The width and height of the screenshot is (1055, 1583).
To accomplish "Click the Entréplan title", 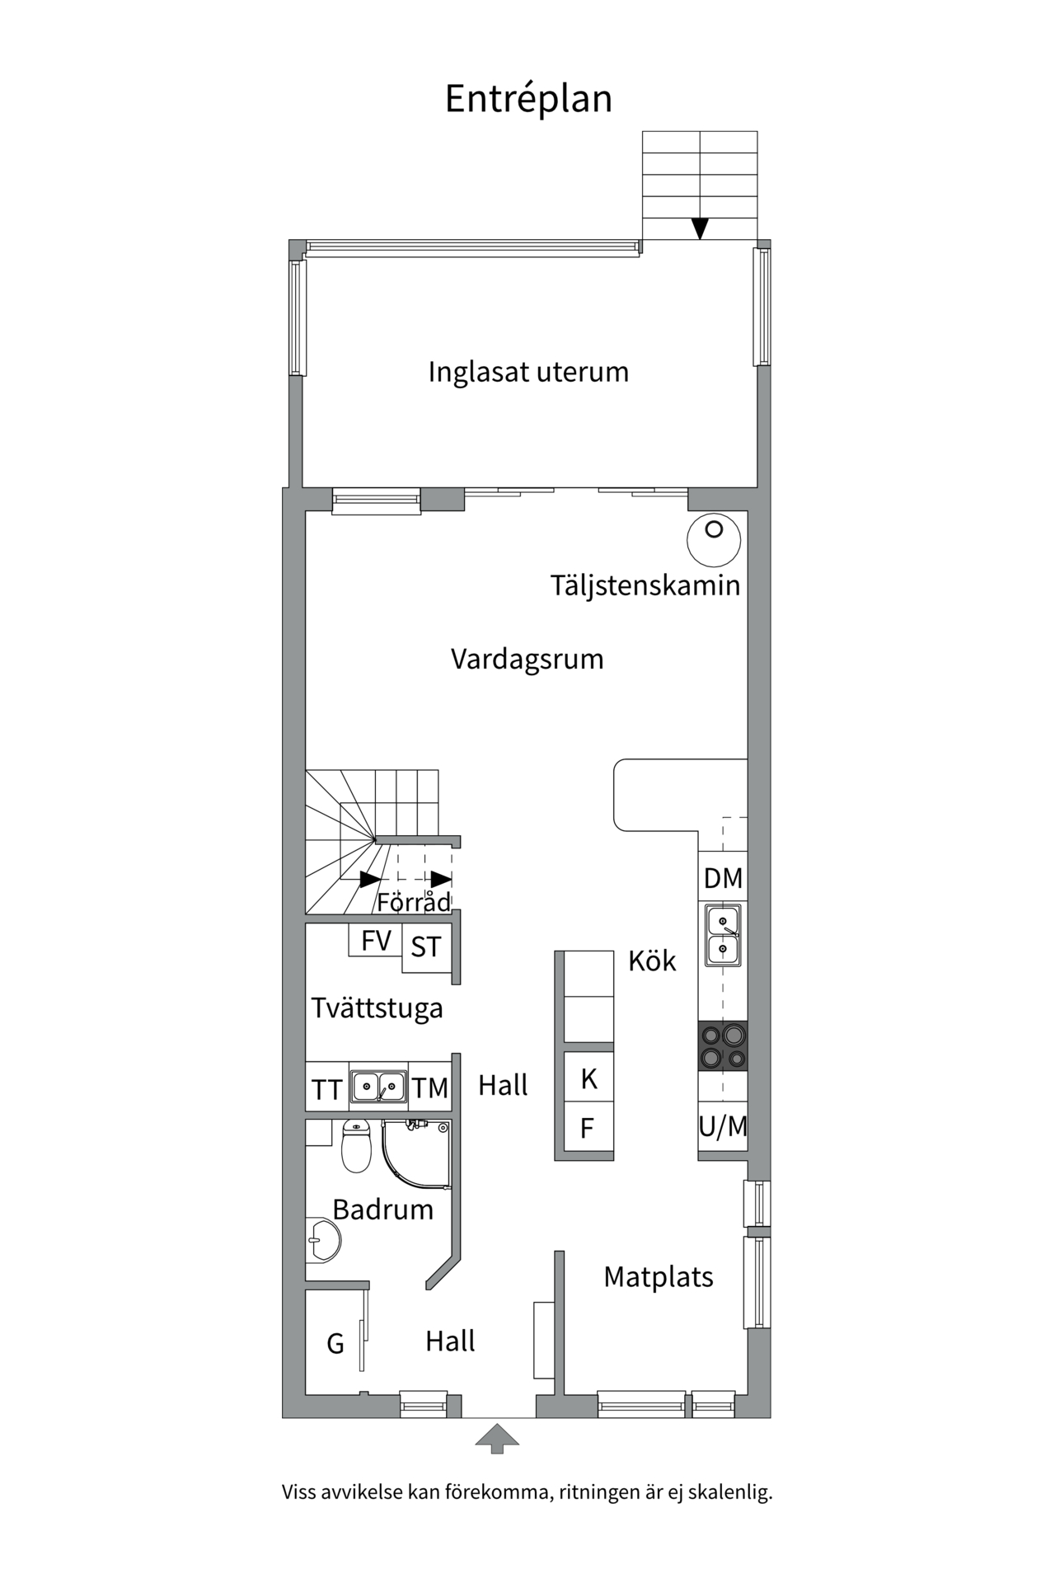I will (x=528, y=99).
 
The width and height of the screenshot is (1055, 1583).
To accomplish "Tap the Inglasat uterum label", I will (x=528, y=372).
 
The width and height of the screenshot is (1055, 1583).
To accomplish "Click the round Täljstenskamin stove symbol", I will (x=714, y=540).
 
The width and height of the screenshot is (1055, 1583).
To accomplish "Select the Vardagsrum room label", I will (x=527, y=660).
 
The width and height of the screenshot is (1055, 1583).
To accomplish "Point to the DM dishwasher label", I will (x=723, y=879).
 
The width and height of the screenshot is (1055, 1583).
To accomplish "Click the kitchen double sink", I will (x=723, y=935).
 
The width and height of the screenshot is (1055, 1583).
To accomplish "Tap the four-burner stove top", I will (x=723, y=1046).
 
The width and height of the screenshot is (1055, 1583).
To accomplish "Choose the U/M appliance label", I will (x=723, y=1126).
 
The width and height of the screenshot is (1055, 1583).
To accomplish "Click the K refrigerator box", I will (x=588, y=1078).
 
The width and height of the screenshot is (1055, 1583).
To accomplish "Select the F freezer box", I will (x=588, y=1128).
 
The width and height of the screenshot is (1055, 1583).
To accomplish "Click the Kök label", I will (x=652, y=961).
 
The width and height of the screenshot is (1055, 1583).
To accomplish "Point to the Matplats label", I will (x=659, y=1277).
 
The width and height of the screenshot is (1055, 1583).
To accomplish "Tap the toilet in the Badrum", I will (x=356, y=1147).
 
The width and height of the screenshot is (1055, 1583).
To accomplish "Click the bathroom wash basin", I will (x=325, y=1239).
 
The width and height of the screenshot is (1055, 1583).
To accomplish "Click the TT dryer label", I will (x=326, y=1090).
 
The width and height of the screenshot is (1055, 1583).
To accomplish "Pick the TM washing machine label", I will (x=430, y=1088).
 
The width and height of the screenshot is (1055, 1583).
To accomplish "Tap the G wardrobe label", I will (x=335, y=1344).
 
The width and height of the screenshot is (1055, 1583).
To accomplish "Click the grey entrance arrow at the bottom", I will (x=497, y=1439).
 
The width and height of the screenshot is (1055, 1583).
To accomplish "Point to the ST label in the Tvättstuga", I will (x=426, y=947).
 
